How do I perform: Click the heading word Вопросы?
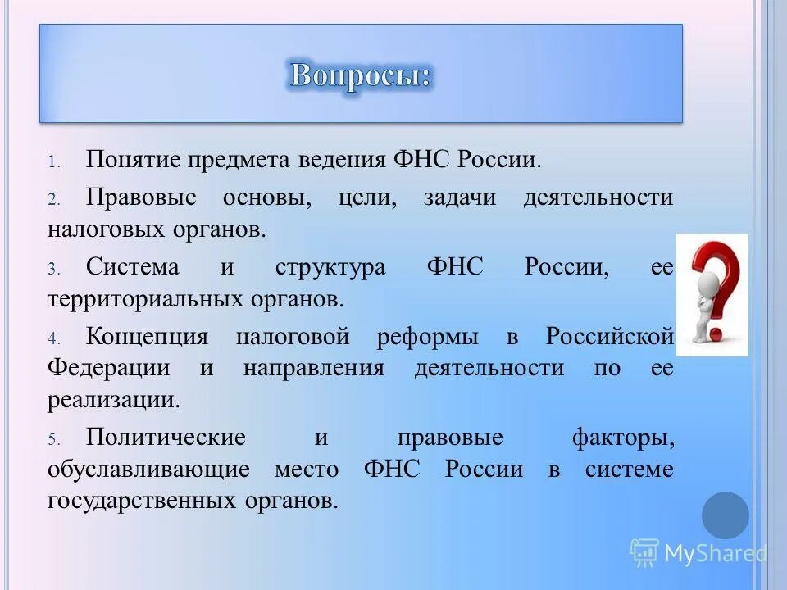pos(360,75)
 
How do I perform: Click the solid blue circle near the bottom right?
pos(726,515)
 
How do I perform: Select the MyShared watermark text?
pos(714,554)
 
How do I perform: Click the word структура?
pos(330,268)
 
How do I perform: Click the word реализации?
pos(113,400)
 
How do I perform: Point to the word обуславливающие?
pos(148,470)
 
